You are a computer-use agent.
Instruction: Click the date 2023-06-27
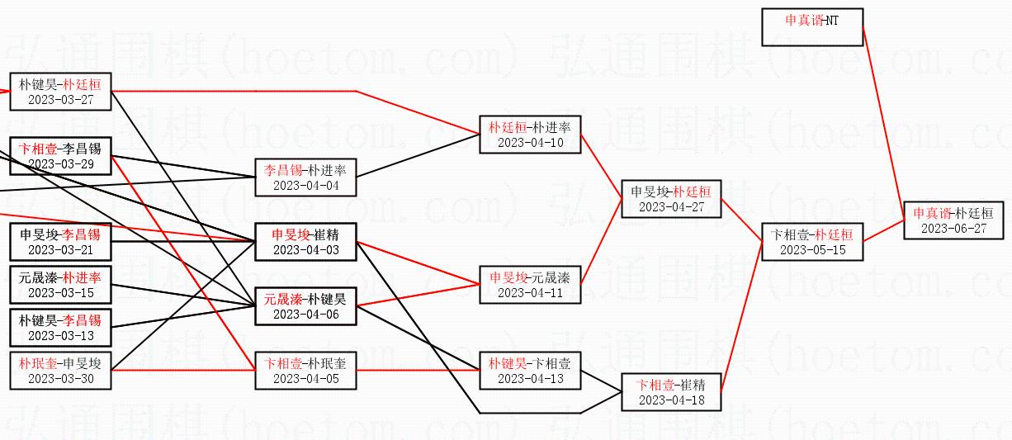tap(953, 229)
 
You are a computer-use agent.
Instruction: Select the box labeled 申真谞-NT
tap(812, 27)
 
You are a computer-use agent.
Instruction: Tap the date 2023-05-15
tap(812, 250)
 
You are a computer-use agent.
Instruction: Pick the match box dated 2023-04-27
tap(671, 199)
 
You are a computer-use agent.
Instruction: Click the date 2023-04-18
tap(671, 400)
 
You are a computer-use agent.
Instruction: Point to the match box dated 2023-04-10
tap(530, 135)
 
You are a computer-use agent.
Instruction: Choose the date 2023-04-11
tap(530, 293)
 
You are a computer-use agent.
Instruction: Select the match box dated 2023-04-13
tap(530, 371)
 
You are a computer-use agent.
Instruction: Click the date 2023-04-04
tap(305, 187)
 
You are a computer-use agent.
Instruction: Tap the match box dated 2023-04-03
tap(305, 242)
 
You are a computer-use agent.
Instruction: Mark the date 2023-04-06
tap(305, 315)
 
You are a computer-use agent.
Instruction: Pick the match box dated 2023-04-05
tap(305, 371)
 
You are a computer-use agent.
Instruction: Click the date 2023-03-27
tap(60, 100)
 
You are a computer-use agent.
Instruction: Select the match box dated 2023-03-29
tap(60, 156)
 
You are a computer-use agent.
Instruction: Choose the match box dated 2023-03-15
tap(60, 285)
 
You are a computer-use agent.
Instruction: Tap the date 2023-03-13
tap(60, 336)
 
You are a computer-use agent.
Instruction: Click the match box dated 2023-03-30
tap(60, 371)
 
